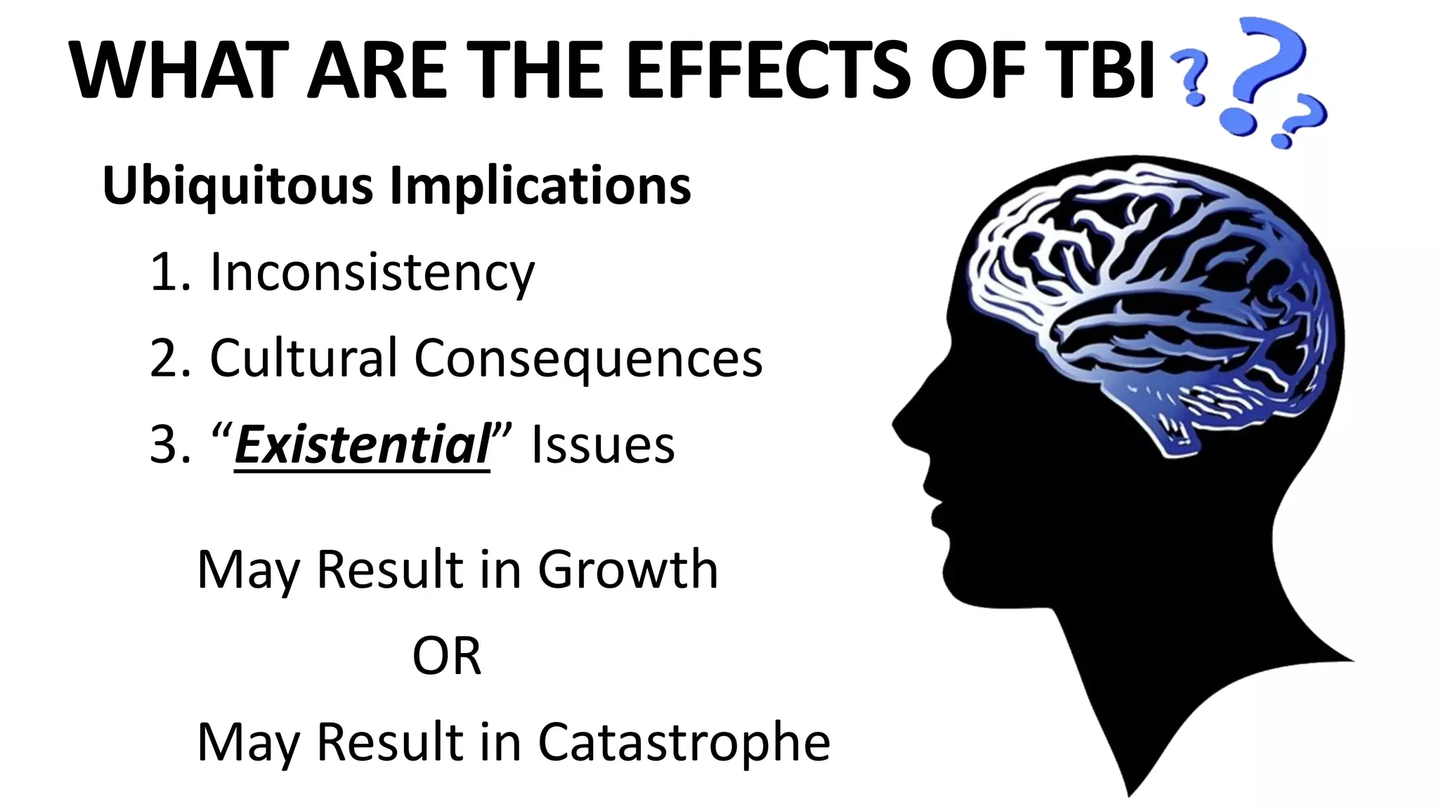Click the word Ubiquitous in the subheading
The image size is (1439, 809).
pos(237,186)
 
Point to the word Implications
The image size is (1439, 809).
pos(540,186)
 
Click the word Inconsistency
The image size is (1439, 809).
pos(372,272)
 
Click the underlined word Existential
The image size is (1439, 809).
pos(362,445)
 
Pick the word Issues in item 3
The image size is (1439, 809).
pos(603,445)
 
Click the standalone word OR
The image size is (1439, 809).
pos(447,656)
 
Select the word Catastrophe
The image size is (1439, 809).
pos(684,742)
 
